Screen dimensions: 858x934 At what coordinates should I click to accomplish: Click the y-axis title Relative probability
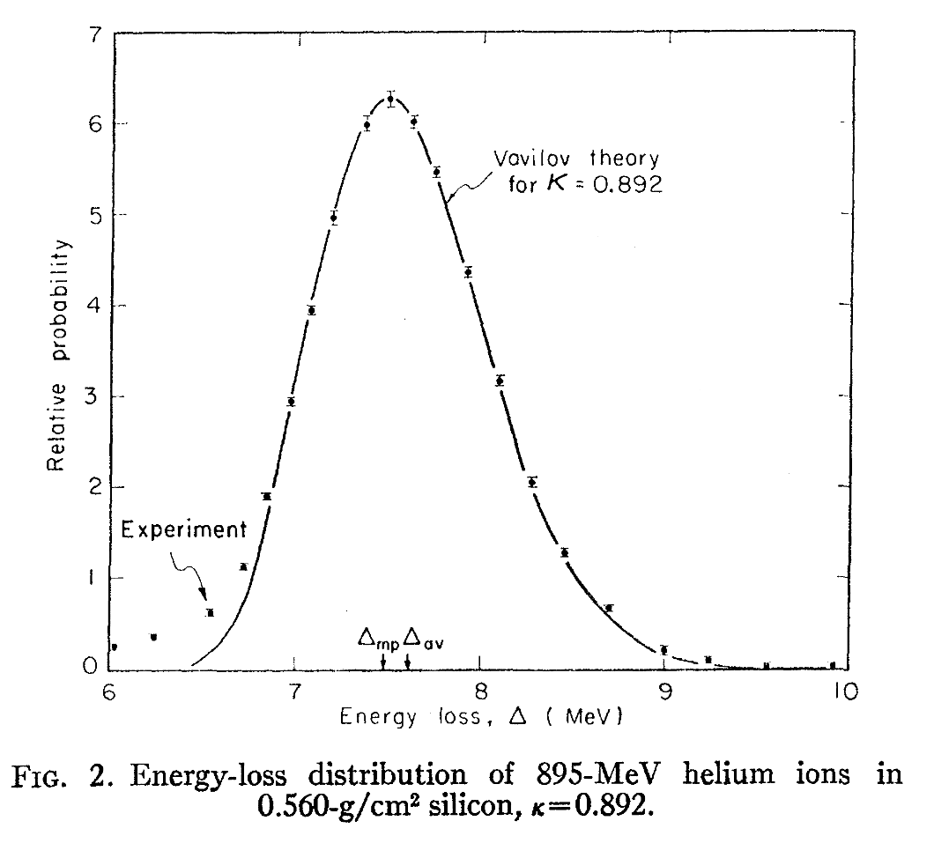pyautogui.click(x=56, y=352)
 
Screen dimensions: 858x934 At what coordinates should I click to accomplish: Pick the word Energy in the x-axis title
pyautogui.click(x=372, y=717)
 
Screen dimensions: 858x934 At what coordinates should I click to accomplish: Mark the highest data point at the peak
pyautogui.click(x=389, y=100)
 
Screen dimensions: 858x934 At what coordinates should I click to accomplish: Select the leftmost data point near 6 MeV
pyautogui.click(x=114, y=647)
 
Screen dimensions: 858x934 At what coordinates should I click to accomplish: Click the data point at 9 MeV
pyautogui.click(x=663, y=650)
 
